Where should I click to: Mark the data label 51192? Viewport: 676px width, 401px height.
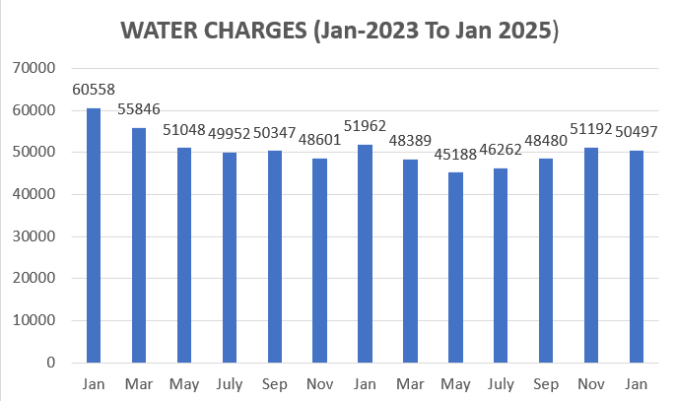(592, 130)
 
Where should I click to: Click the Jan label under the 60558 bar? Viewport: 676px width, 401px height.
(94, 381)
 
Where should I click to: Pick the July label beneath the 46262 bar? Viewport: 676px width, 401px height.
(502, 381)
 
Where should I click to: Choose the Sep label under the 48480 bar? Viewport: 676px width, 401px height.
(547, 381)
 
